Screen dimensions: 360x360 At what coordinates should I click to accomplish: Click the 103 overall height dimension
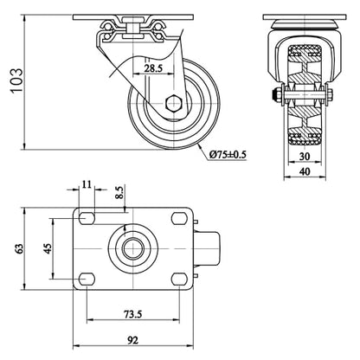[x=17, y=80]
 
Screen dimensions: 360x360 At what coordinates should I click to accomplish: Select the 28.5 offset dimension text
[x=154, y=68]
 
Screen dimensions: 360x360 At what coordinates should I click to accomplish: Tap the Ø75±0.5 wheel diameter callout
[x=228, y=155]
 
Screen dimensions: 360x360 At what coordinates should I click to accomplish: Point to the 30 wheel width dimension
[x=305, y=157]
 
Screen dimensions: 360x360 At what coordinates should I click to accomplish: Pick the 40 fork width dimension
[x=305, y=171]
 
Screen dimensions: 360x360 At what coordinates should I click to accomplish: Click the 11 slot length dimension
[x=87, y=183]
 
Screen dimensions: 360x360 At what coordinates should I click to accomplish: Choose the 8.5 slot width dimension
[x=119, y=192]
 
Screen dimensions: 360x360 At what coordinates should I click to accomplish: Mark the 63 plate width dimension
[x=19, y=248]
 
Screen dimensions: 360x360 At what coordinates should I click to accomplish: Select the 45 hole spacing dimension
[x=48, y=248]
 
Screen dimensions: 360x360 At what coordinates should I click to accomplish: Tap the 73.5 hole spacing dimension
[x=133, y=313]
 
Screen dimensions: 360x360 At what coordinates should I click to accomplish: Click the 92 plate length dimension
[x=133, y=340]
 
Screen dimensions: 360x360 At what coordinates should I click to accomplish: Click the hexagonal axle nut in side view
[x=174, y=103]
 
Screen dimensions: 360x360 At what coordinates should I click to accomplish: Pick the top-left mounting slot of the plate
[x=87, y=218]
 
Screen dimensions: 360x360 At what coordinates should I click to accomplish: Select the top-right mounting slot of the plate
[x=179, y=218]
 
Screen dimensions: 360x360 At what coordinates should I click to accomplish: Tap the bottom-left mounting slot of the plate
[x=87, y=279]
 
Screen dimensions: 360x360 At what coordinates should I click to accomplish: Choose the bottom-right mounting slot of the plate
[x=179, y=279]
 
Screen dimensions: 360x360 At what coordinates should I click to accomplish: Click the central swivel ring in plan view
[x=133, y=248]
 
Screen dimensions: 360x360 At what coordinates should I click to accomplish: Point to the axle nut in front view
[x=277, y=94]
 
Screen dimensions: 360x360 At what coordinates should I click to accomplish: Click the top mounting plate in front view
[x=305, y=17]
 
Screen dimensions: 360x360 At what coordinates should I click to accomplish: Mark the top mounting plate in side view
[x=133, y=17]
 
